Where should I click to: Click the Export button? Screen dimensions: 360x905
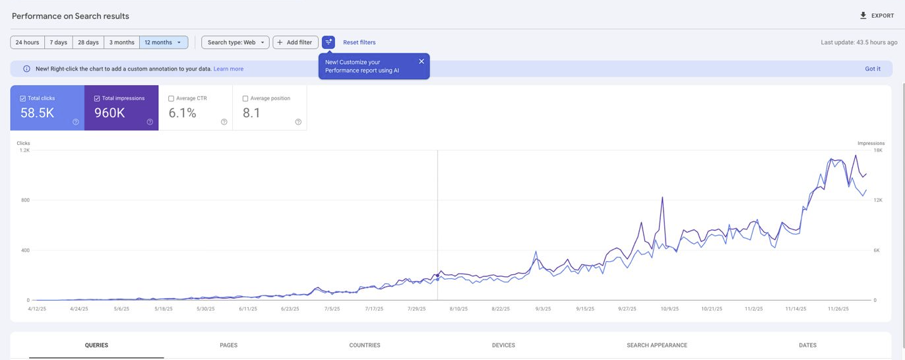click(x=877, y=16)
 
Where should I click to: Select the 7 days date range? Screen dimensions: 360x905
click(x=59, y=42)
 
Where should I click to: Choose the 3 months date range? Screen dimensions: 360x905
click(x=121, y=42)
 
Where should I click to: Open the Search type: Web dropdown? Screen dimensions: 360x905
click(x=235, y=42)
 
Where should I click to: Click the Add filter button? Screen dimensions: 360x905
click(x=295, y=42)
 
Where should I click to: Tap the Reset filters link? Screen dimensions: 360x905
click(x=359, y=42)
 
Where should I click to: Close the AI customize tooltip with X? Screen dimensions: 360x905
click(x=421, y=61)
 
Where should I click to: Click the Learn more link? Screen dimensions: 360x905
click(x=228, y=69)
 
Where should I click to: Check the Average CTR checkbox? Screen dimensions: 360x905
click(x=171, y=99)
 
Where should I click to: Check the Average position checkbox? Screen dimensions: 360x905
click(x=245, y=99)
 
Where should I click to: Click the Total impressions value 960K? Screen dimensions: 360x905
click(x=109, y=113)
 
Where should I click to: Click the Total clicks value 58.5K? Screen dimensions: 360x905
click(x=37, y=113)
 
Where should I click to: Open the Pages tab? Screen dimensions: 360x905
click(x=228, y=345)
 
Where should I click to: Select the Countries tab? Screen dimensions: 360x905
click(x=365, y=345)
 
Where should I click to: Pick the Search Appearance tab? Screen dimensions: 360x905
click(x=656, y=345)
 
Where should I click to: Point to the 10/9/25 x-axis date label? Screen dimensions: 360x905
click(x=670, y=309)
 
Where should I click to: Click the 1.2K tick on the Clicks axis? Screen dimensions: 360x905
click(x=24, y=150)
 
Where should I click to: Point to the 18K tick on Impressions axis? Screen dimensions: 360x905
click(x=878, y=150)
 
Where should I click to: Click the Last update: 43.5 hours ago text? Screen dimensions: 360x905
click(x=859, y=42)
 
